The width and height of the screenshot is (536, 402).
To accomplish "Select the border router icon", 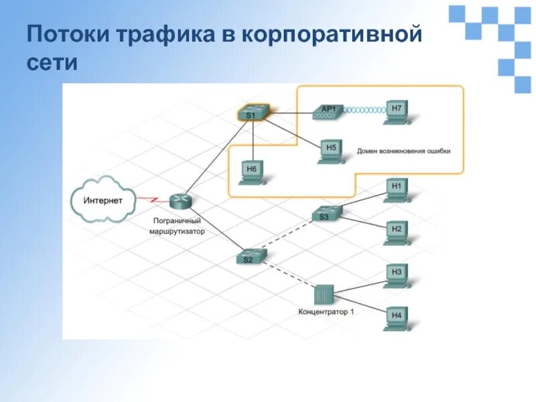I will coord(180,200).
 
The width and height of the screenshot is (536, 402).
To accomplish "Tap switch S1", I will coord(253,113).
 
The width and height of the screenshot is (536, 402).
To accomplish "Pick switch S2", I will coord(251,257).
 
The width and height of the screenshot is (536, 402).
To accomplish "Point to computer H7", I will coord(398,111).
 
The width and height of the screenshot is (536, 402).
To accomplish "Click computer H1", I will coord(397,189).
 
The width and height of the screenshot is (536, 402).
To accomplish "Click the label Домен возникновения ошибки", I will coord(403,151).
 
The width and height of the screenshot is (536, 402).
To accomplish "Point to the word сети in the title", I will coord(53,64).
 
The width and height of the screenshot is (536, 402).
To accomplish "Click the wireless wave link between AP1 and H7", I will coord(366,110).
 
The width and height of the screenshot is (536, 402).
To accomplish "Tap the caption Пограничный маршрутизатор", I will coord(177,226).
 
